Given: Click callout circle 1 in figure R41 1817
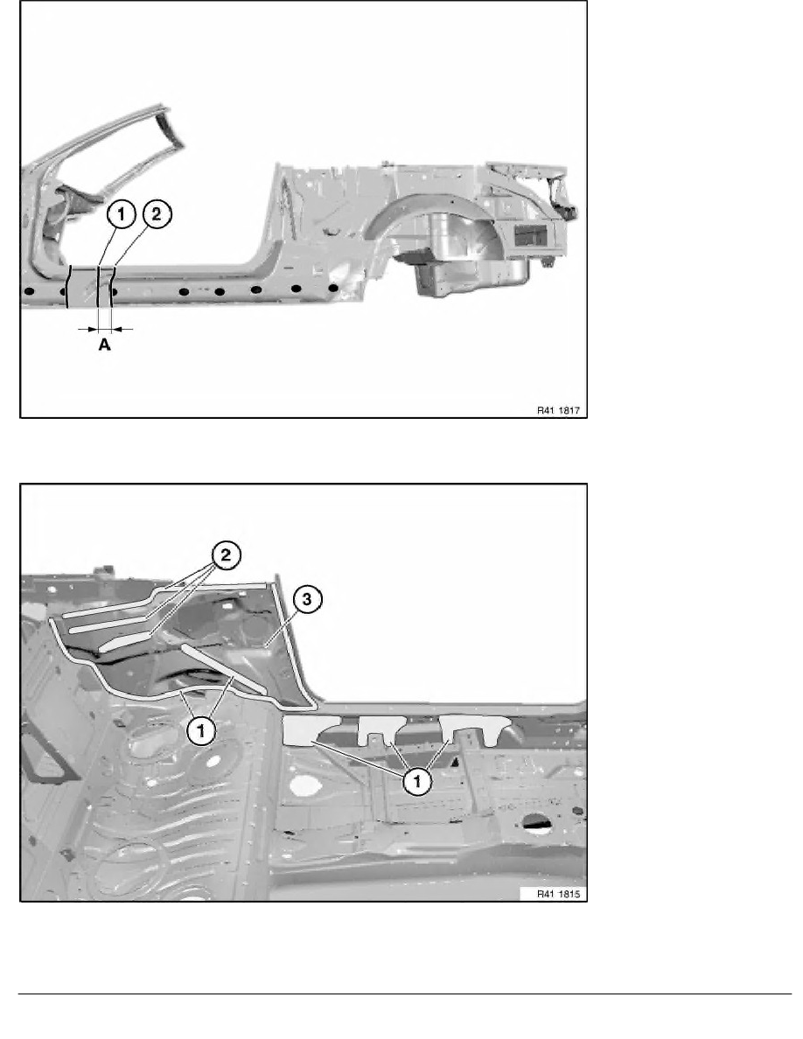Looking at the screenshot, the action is coord(122,214).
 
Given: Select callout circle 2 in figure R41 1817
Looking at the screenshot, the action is coord(157,214).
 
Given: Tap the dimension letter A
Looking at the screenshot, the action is coord(105,345).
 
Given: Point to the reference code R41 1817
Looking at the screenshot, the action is coord(558,410).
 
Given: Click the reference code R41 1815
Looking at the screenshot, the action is coord(558,894).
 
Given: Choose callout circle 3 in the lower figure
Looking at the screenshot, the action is coord(307,600).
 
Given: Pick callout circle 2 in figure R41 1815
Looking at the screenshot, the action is coord(226,554).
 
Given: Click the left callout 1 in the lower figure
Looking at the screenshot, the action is coord(201,731).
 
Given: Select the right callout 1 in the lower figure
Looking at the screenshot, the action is coord(417,782).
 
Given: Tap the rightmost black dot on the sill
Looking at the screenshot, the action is coord(333,289).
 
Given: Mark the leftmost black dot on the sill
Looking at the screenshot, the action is coord(29,291).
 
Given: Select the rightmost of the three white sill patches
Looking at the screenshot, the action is coord(475,729).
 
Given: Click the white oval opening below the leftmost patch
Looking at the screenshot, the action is coord(305,784).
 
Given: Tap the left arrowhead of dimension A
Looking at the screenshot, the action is coord(93,329).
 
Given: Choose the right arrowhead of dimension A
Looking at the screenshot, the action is coord(116,329).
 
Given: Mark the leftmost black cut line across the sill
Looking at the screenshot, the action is coord(68,286).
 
